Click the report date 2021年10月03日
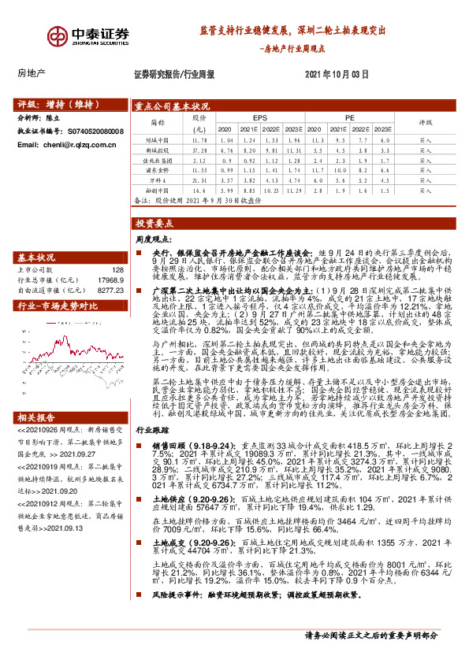click(336, 74)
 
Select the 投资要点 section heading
click(154, 223)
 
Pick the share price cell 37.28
click(199, 149)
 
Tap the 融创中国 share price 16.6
click(199, 190)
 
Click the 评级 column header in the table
click(426, 123)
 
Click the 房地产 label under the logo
click(32, 73)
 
